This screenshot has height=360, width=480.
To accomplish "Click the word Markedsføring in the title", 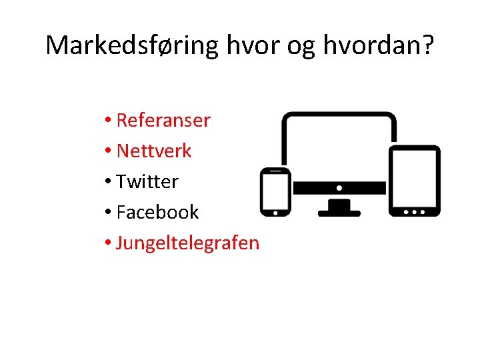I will (132, 45).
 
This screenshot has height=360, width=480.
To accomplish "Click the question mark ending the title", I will (427, 45).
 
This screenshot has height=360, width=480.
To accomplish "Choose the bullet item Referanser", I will (163, 121).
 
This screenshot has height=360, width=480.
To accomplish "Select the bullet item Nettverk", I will (154, 151).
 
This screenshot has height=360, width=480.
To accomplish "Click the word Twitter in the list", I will (147, 181).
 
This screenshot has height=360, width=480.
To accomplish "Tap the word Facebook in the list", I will (157, 212).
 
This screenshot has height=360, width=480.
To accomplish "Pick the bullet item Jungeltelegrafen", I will (187, 243).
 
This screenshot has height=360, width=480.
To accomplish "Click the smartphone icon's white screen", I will (275, 191).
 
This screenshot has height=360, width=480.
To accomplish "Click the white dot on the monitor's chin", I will (339, 188).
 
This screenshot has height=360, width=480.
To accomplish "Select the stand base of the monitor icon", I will (339, 213).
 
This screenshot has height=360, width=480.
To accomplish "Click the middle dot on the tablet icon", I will (415, 211).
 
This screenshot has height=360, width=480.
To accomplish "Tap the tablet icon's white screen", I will (415, 177).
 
